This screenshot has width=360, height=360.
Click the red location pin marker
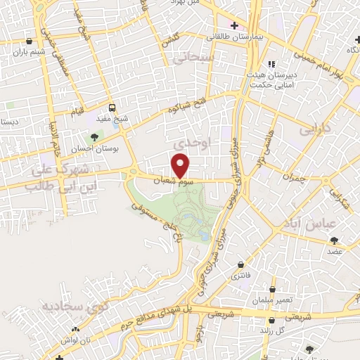pyautogui.click(x=181, y=165)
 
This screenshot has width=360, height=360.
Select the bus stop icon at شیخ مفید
pyautogui.click(x=112, y=108)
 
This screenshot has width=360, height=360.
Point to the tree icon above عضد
pyautogui.click(x=333, y=240)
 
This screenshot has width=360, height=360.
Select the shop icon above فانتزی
pyautogui.click(x=242, y=265)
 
